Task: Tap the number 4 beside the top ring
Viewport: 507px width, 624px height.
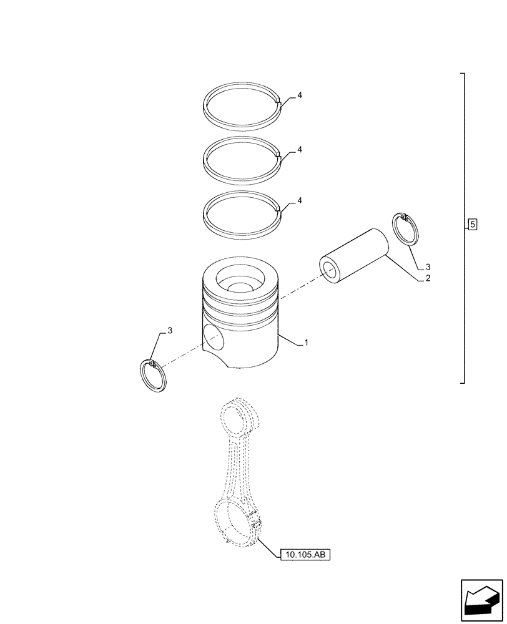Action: (x=300, y=95)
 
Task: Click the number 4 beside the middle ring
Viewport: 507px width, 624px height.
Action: (x=300, y=150)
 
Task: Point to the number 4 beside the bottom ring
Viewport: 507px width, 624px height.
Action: (x=300, y=200)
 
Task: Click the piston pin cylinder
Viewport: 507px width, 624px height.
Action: (x=356, y=253)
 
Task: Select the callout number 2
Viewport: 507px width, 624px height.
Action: (x=427, y=279)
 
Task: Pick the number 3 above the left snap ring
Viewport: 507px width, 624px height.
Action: (x=169, y=329)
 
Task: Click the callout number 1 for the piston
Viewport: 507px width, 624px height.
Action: (x=307, y=343)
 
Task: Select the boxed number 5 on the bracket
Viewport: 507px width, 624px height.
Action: (x=472, y=224)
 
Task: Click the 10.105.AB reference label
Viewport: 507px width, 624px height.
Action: (x=305, y=554)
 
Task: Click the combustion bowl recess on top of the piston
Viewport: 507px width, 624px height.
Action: (x=241, y=286)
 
